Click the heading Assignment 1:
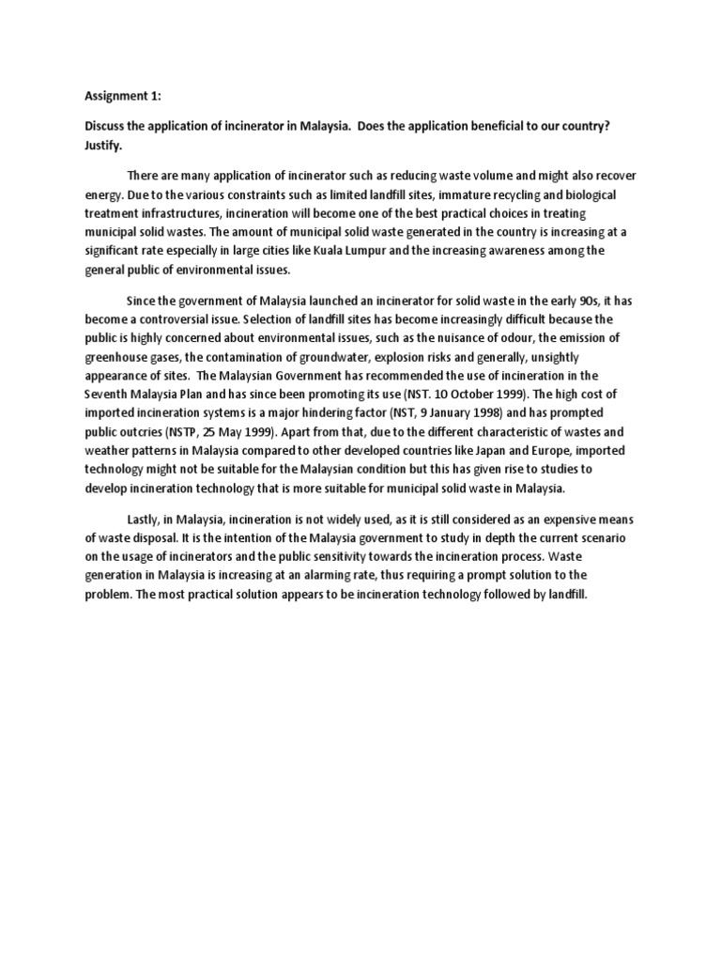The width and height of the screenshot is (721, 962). [x=122, y=96]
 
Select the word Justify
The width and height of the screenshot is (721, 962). [x=104, y=147]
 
